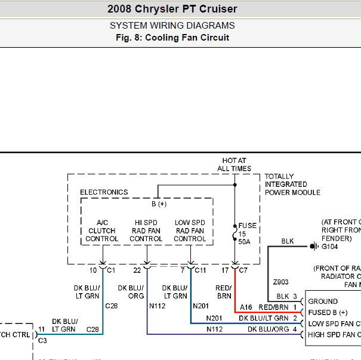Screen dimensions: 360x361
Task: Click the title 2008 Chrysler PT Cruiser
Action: (172, 9)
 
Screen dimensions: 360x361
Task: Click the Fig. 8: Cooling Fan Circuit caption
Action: (172, 38)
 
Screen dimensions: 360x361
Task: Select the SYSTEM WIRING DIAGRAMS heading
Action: (172, 26)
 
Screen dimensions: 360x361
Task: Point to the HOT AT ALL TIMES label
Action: (234, 165)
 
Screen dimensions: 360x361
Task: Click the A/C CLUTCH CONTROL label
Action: (101, 230)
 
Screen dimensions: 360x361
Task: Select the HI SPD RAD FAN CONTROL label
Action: (146, 230)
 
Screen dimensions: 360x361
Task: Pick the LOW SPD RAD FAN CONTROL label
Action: (190, 230)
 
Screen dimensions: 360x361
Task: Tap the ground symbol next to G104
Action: (313, 246)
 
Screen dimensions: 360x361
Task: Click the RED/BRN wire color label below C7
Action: (224, 275)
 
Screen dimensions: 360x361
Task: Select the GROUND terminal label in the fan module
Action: (323, 301)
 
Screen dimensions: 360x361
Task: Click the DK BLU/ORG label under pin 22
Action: (131, 275)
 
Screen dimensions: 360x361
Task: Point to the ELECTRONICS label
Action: (104, 192)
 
